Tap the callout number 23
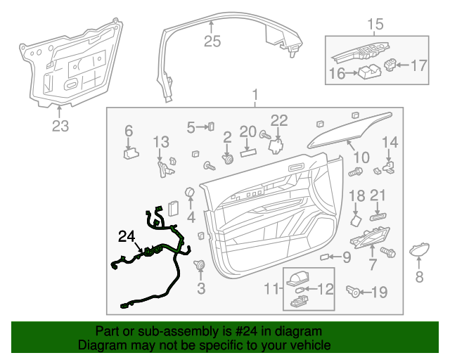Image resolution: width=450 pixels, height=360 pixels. pos(60,127)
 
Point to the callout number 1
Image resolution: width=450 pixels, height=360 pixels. pos(255,94)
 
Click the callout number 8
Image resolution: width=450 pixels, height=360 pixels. pos(420,277)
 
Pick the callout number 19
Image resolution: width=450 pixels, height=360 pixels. pos(379,292)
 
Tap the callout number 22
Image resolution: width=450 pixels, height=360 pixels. pos(279,120)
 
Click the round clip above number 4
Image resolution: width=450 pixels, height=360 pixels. pos(189,193)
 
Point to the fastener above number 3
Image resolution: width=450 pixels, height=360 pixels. pos(200,265)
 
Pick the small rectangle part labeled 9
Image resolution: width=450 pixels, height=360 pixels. pos(325,258)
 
